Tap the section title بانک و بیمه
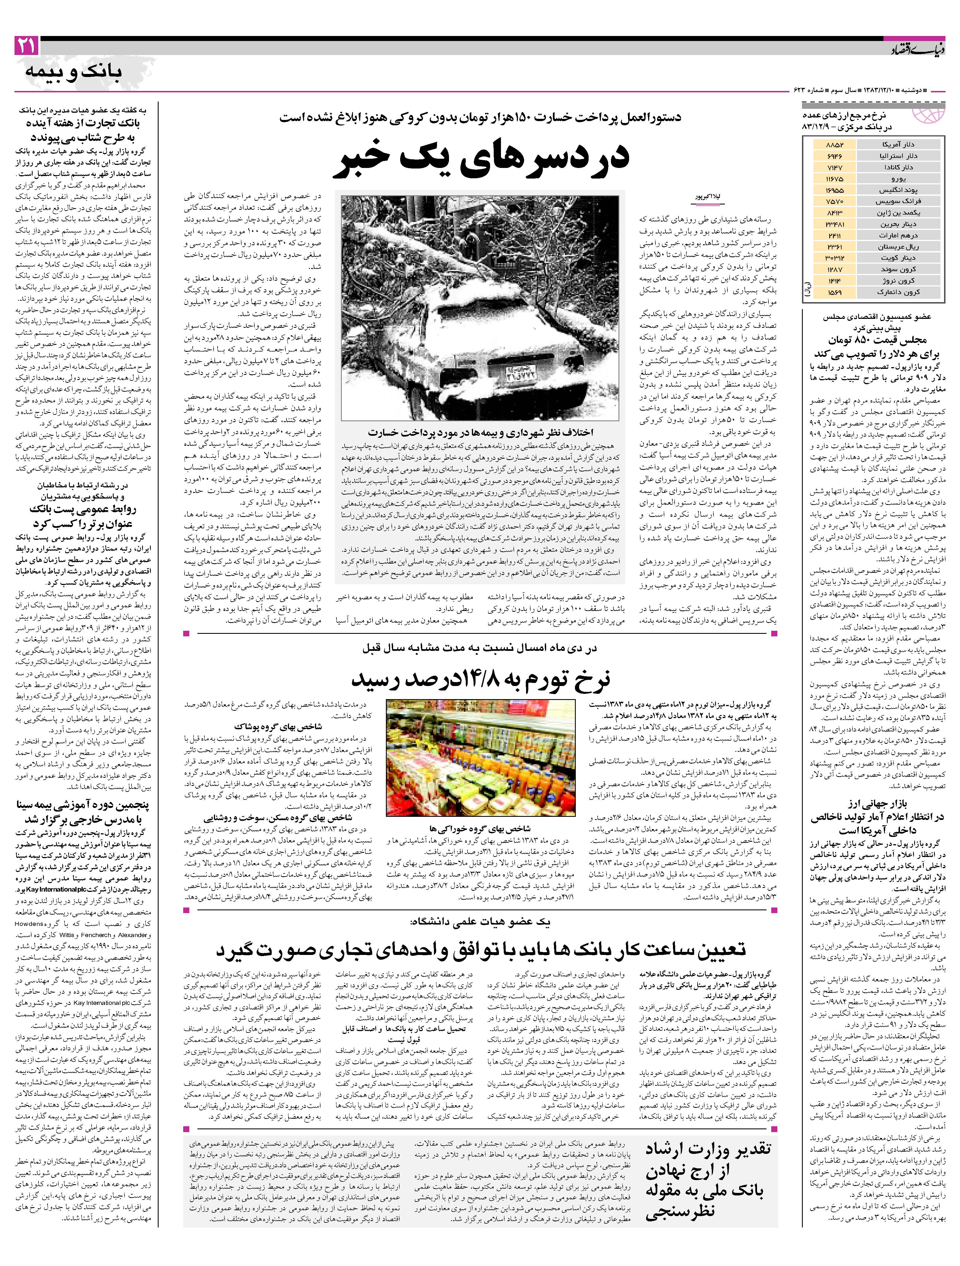click(x=73, y=73)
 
